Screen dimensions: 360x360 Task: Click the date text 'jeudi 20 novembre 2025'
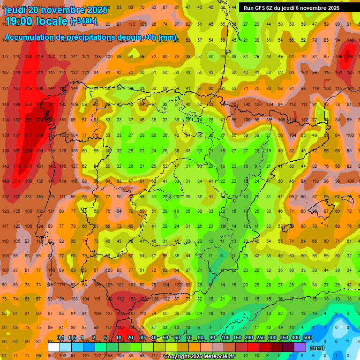[56, 10]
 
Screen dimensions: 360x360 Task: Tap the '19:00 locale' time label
[35, 21]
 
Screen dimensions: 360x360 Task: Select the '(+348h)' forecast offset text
[83, 21]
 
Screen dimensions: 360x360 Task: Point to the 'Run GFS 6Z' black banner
[291, 7]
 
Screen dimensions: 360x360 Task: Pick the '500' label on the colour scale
[307, 338]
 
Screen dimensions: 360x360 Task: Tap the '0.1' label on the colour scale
[60, 338]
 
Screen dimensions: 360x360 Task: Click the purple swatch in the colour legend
[300, 347]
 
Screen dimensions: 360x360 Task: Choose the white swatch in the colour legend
[54, 347]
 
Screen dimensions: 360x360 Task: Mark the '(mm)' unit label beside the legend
[317, 348]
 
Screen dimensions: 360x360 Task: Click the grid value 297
[349, 57]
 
